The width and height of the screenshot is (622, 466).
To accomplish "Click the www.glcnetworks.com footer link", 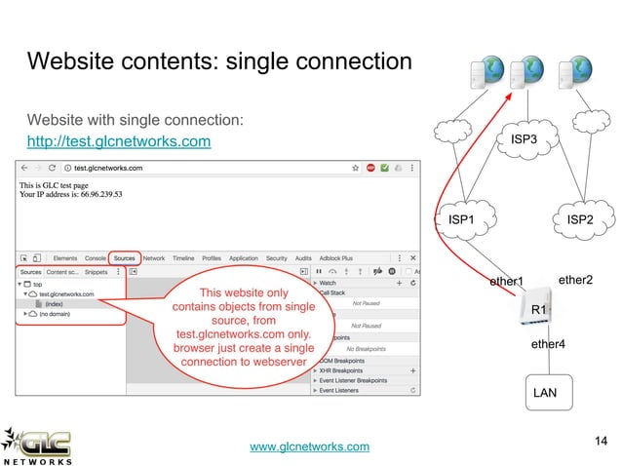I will (310, 447).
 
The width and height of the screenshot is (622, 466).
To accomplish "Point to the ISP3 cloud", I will (524, 140).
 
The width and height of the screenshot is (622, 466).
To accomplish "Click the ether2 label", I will (576, 281).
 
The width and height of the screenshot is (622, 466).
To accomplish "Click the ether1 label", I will (506, 283).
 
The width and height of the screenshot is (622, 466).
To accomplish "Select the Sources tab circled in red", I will (124, 258).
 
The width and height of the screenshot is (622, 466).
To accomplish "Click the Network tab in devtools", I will (154, 258).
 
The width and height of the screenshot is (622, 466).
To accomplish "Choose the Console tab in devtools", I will (95, 258).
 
